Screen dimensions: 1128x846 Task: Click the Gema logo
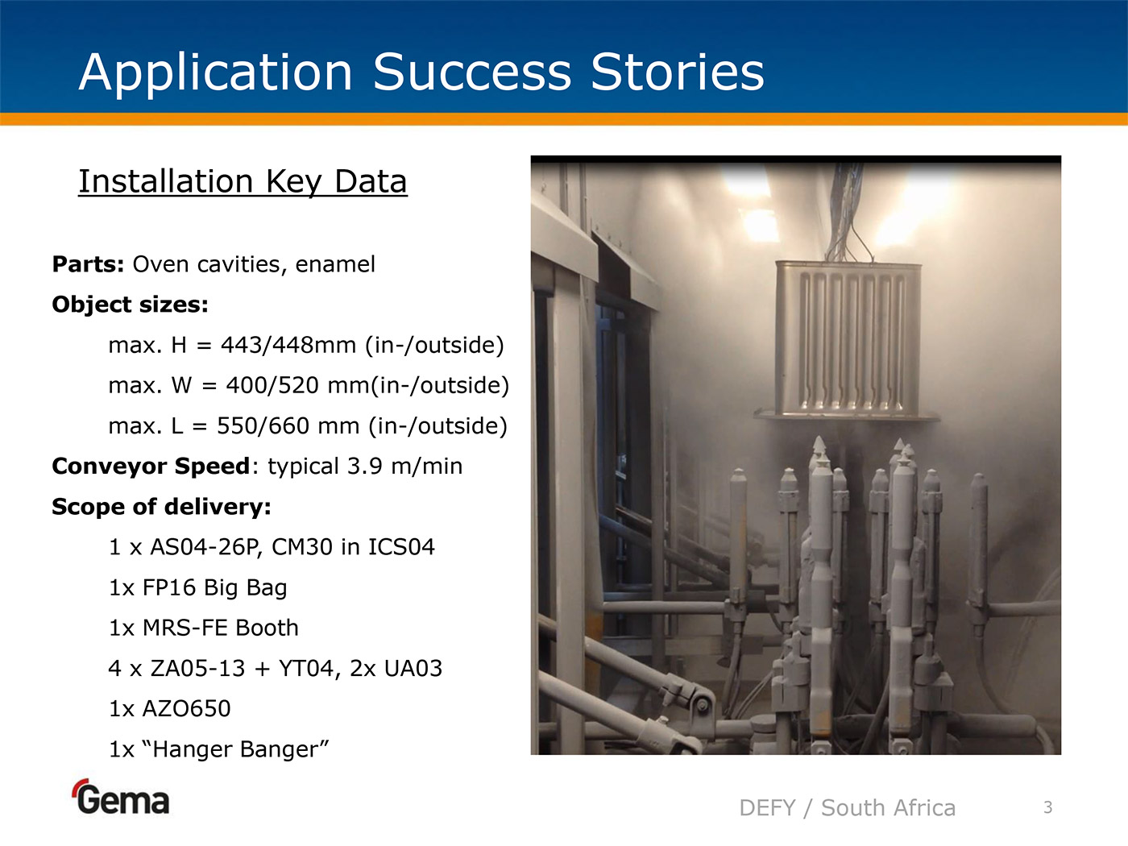click(x=122, y=797)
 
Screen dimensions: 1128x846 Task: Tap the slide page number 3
click(x=1048, y=807)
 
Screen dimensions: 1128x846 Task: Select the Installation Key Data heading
click(x=243, y=181)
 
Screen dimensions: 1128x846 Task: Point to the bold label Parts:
click(x=88, y=264)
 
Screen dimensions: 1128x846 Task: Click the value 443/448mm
click(x=288, y=345)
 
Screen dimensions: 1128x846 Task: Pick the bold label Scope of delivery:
click(x=161, y=507)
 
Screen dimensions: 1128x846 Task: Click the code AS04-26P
click(x=206, y=547)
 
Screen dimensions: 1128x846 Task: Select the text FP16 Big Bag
click(x=214, y=587)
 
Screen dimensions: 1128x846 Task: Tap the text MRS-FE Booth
click(x=221, y=628)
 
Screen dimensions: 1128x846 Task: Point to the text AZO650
click(x=187, y=709)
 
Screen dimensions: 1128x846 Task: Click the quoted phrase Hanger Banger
click(x=240, y=749)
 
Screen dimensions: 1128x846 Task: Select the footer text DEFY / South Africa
click(x=848, y=808)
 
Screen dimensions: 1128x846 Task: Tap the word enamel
click(x=335, y=264)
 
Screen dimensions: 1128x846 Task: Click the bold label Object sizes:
click(x=130, y=305)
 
